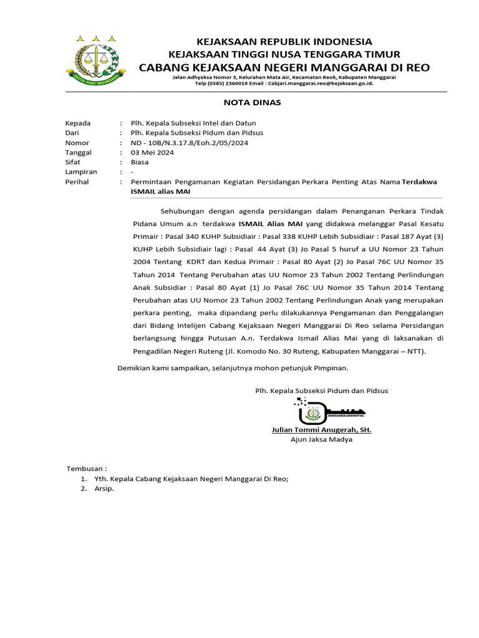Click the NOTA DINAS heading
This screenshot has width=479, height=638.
(243, 102)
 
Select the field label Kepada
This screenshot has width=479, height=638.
(78, 123)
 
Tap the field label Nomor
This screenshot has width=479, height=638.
(77, 143)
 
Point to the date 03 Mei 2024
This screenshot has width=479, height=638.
(152, 153)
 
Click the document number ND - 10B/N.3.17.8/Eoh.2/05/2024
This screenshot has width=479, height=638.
(190, 143)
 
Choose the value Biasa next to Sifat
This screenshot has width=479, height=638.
(140, 162)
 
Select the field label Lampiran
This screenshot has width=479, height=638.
(80, 172)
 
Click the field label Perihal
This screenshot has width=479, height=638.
(77, 182)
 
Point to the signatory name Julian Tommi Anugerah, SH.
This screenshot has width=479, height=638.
(321, 430)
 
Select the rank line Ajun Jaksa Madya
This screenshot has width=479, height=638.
(321, 439)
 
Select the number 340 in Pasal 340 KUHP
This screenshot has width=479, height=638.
(193, 238)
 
